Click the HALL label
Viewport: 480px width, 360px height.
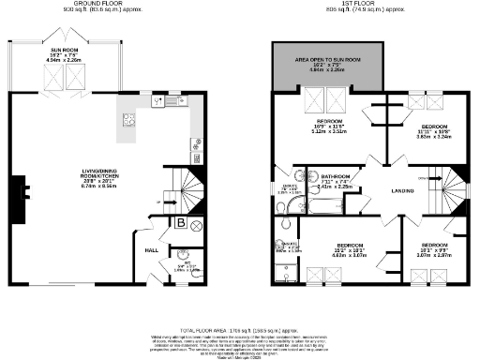coord(150,250)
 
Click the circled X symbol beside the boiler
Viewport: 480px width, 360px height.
coord(196,225)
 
